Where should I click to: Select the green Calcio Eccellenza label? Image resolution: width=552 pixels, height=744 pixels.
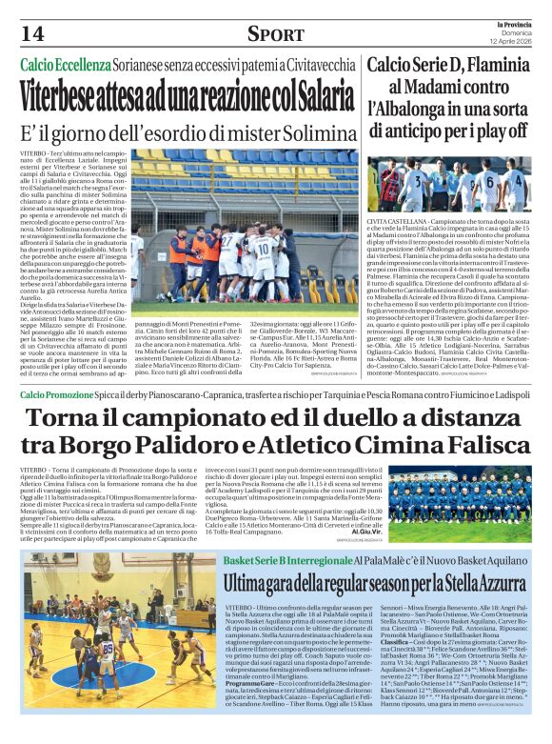[67, 65]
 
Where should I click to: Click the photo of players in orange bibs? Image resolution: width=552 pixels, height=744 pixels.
[245, 225]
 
